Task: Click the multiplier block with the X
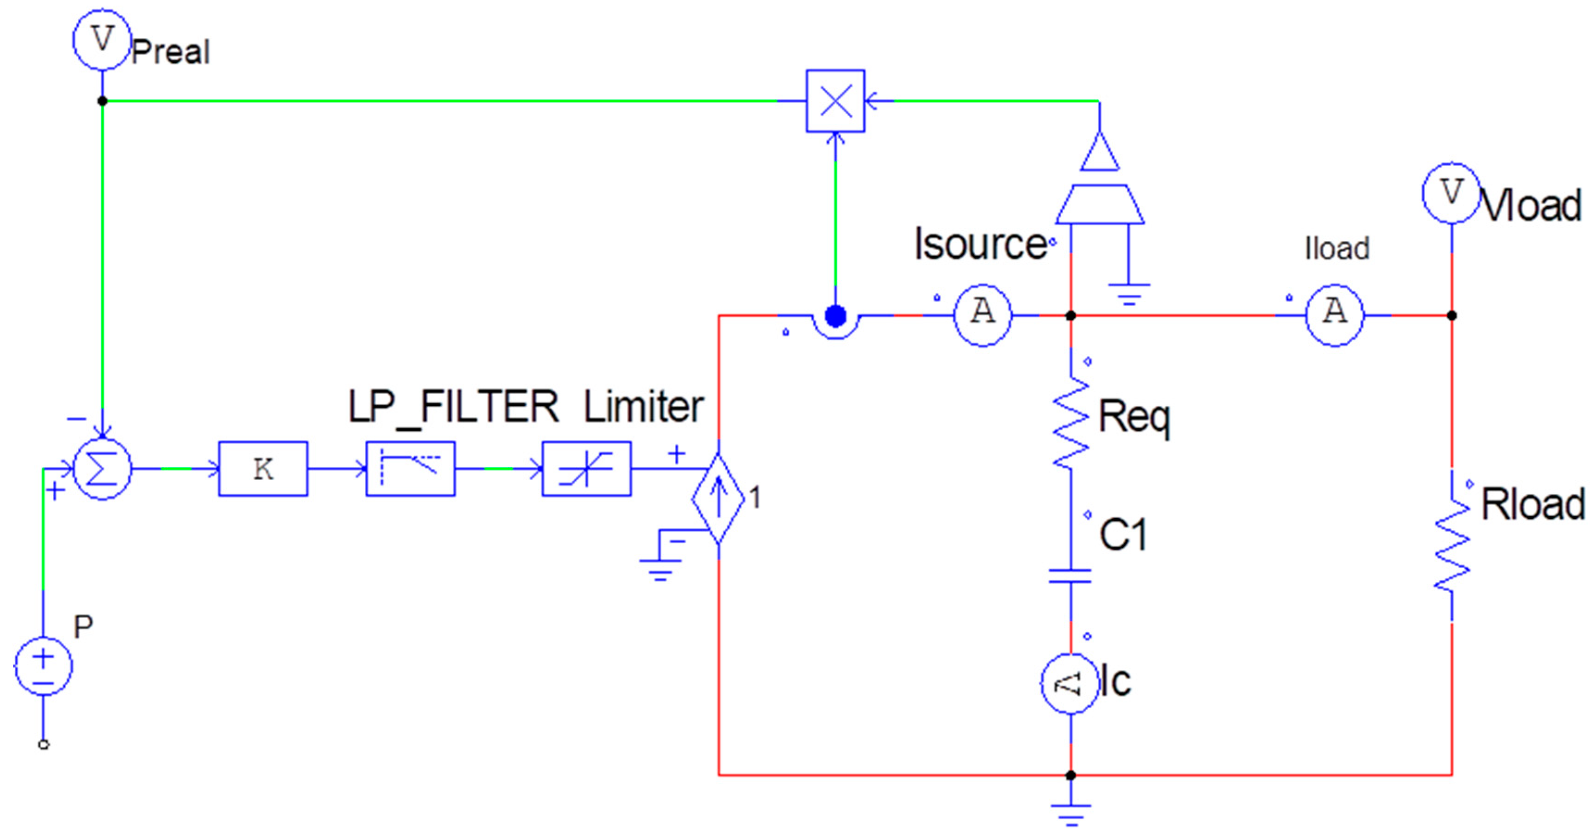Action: point(835,101)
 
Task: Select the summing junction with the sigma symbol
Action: point(102,469)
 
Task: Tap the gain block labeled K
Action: point(263,469)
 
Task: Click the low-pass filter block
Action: point(411,469)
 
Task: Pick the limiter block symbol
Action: point(586,469)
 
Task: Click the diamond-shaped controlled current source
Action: point(718,499)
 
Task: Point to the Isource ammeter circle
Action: point(982,315)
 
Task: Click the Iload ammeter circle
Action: point(1334,315)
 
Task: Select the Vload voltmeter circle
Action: point(1451,193)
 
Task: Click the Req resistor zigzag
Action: point(1071,423)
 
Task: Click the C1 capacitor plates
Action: point(1071,576)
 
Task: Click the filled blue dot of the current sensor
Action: point(835,316)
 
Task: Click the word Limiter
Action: point(643,407)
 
